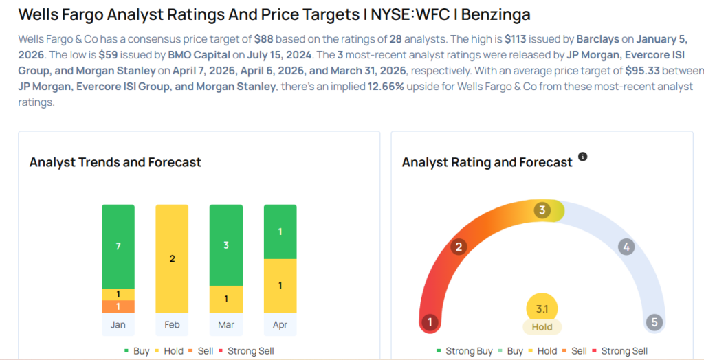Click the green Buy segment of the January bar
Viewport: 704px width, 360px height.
pos(118,246)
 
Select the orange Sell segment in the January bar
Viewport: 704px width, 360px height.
pos(118,306)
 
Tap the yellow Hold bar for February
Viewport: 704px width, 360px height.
pos(172,258)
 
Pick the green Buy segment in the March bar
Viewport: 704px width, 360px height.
pos(226,245)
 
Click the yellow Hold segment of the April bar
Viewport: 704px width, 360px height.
pos(280,285)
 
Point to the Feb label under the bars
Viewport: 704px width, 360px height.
pos(172,324)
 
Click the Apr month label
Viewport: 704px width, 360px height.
pos(280,324)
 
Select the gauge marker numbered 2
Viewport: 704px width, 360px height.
pos(459,247)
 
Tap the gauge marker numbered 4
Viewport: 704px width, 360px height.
pos(625,247)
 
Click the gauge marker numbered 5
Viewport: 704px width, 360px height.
pos(654,322)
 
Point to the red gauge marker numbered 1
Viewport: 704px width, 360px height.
pos(430,322)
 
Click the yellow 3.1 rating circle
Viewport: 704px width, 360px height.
pos(542,308)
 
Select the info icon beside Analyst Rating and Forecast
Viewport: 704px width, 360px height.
pos(583,157)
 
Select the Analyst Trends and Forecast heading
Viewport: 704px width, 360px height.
pos(115,162)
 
